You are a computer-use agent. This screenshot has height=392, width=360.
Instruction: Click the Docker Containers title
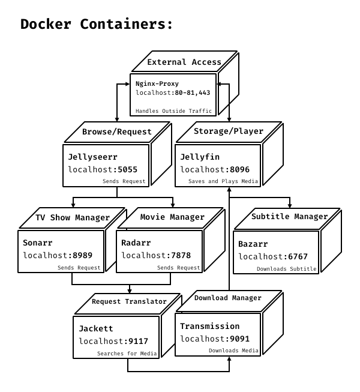(97, 25)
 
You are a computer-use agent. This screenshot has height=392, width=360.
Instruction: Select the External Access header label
(184, 62)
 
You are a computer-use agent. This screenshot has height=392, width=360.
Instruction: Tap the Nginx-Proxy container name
(157, 83)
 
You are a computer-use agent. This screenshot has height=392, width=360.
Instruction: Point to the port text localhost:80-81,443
(173, 93)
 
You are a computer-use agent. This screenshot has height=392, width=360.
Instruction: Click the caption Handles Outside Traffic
(173, 111)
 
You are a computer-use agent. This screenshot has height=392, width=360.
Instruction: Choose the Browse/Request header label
(117, 132)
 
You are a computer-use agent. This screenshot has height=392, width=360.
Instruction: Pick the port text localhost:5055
(98, 170)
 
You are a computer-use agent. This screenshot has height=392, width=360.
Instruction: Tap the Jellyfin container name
(200, 157)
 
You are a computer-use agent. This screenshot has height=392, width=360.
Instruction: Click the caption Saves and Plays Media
(223, 181)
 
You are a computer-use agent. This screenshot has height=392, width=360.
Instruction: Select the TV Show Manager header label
(73, 218)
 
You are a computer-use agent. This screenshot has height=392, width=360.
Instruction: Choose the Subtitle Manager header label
(289, 217)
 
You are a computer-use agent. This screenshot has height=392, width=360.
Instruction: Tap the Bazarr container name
(253, 244)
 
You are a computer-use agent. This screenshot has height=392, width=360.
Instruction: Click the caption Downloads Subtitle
(286, 269)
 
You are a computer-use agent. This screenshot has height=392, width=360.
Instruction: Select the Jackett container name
(96, 329)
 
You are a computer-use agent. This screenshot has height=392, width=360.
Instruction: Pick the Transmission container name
(210, 327)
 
